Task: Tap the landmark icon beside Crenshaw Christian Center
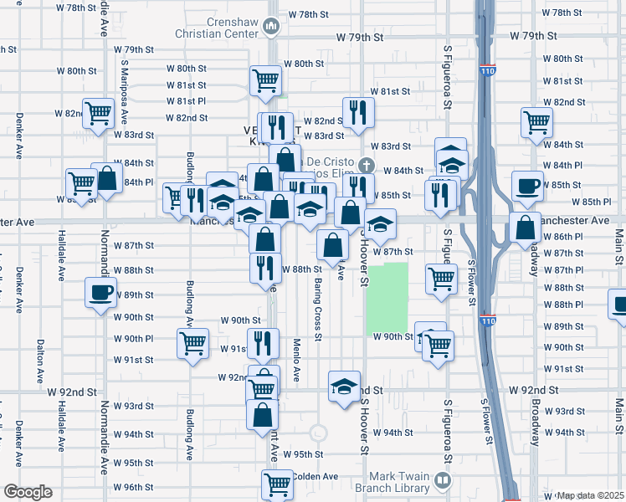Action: [271, 28]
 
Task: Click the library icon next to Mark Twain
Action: [443, 481]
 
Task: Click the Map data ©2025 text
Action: [591, 495]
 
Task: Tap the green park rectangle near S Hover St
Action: [387, 298]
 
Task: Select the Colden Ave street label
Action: [316, 476]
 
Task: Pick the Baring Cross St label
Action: [318, 309]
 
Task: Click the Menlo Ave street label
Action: [297, 358]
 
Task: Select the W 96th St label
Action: [133, 487]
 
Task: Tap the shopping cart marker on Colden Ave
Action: [277, 483]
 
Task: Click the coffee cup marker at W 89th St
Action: [101, 293]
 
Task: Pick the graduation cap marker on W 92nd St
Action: [344, 387]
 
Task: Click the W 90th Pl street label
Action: [133, 339]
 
